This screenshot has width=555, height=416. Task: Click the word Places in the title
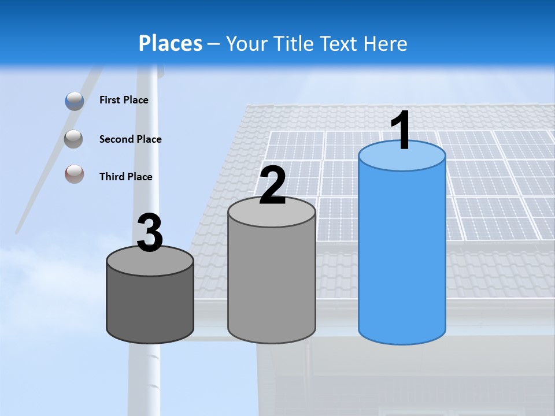[171, 43]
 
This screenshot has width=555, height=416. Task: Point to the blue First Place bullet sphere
[74, 101]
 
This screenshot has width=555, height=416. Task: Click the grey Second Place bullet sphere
[74, 139]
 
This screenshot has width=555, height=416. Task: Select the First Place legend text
[124, 100]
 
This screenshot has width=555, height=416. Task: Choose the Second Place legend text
[130, 139]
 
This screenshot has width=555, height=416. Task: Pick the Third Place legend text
[125, 177]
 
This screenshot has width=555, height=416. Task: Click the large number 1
[401, 132]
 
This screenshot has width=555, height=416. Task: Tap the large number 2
[273, 186]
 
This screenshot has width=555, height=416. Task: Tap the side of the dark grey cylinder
[150, 306]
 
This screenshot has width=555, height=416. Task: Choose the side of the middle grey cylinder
[272, 283]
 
